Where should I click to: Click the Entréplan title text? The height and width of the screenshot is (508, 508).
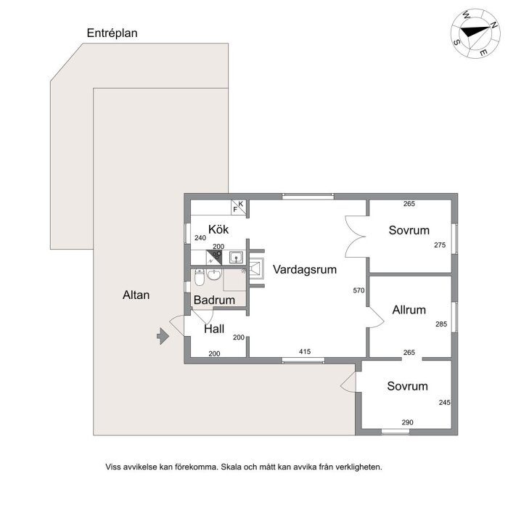112,33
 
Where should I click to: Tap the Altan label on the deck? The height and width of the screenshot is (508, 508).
136,295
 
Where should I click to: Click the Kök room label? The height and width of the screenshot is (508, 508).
218,229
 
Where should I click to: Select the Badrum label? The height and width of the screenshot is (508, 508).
214,300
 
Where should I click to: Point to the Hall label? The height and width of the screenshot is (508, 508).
214,329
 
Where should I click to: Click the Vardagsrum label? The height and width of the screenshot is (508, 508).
305,269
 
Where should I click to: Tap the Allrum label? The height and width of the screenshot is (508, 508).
409,310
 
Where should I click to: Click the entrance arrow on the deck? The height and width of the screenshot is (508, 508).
163,336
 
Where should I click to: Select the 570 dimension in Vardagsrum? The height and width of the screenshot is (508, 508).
359,290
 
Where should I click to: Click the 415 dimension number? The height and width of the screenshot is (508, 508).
305,351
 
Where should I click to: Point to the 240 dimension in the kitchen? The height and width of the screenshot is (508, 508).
200,238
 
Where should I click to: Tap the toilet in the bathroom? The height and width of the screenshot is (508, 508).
200,277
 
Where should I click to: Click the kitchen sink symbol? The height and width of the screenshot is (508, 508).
237,258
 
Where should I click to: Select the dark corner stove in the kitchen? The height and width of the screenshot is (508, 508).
215,257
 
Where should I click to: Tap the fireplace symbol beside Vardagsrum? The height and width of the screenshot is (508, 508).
256,269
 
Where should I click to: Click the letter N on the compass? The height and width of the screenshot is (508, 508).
494,25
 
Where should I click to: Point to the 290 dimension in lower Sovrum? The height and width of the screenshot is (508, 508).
408,422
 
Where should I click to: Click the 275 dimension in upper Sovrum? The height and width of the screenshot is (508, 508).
440,245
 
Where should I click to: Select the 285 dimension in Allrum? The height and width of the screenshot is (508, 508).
441,324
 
